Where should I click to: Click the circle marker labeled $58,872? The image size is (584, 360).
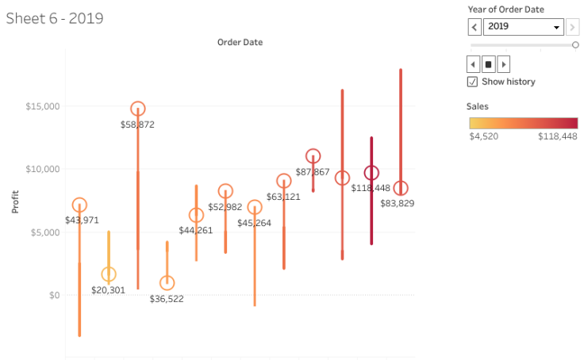point(138,109)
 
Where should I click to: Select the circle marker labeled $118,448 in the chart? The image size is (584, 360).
point(371,173)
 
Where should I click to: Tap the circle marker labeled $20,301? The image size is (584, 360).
point(109,274)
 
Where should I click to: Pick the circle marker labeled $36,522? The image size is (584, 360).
point(167,283)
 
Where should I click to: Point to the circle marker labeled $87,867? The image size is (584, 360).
point(313,156)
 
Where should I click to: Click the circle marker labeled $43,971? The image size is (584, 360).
point(79,205)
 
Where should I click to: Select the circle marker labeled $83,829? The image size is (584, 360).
point(401,188)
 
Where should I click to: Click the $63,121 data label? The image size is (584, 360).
point(283,197)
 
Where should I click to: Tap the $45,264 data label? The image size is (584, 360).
point(254,223)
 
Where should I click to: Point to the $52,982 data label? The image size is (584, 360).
point(225,207)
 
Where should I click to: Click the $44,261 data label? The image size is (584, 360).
point(196,231)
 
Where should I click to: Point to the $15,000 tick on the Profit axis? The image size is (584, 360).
point(42,106)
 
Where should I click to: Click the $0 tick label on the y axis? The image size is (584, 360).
point(52,295)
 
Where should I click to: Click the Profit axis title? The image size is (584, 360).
point(15,201)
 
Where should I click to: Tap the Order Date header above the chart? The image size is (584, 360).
point(240,42)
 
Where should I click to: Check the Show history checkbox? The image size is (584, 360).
point(473,82)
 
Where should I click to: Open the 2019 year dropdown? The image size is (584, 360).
point(524,27)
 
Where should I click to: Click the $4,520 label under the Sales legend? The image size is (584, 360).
point(484,136)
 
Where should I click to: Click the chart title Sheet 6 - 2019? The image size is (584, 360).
point(55,17)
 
